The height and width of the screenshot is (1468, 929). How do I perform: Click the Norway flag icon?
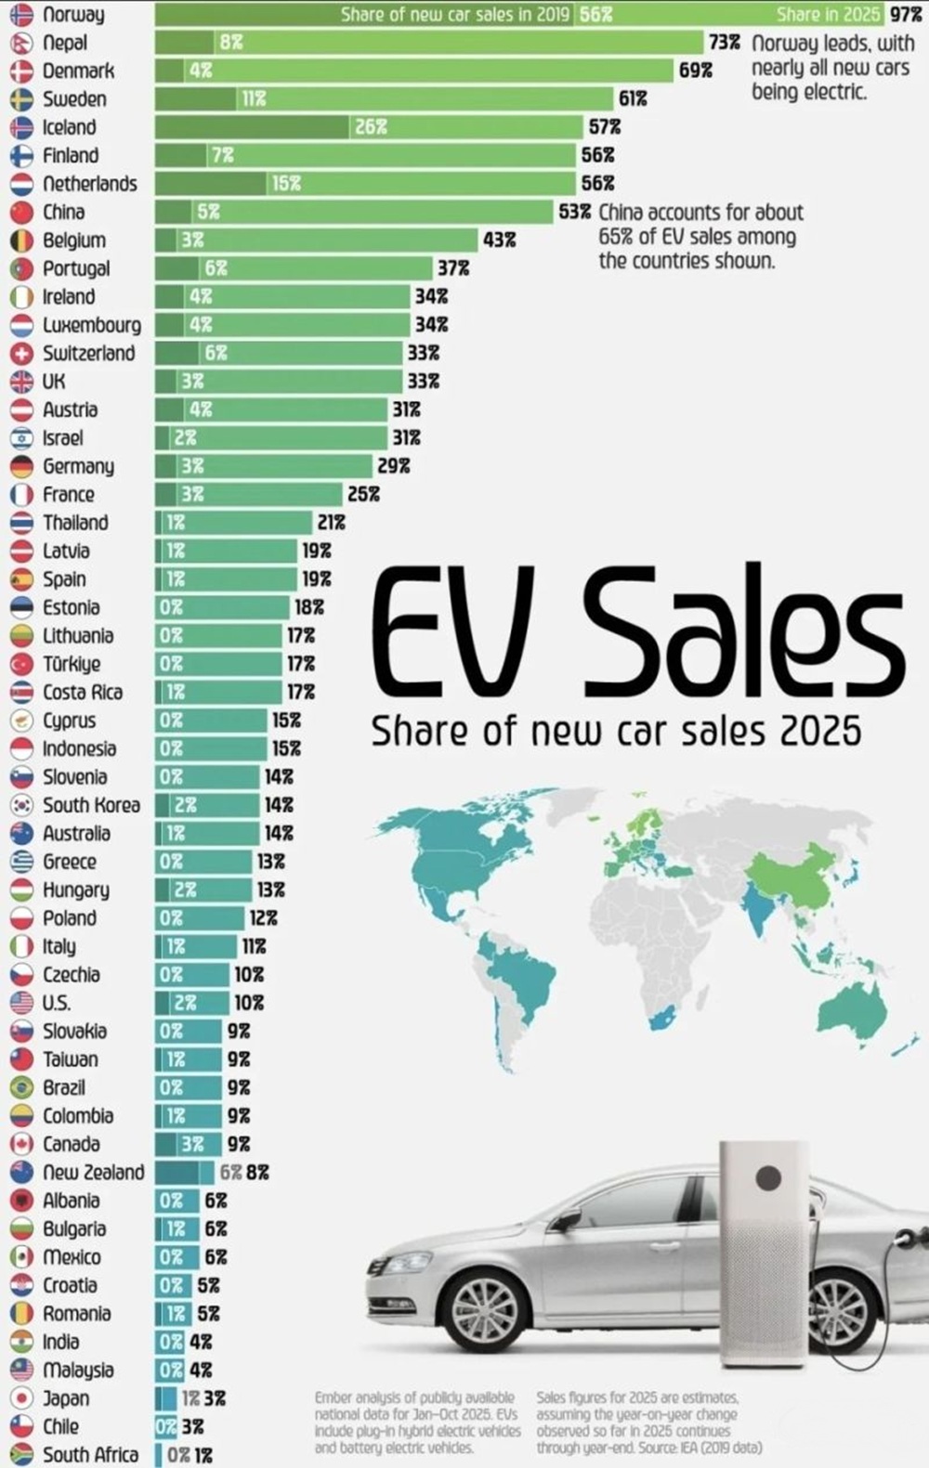tap(21, 15)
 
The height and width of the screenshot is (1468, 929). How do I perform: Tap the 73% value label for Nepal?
tap(725, 44)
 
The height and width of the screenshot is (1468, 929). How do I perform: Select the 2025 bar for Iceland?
tap(369, 127)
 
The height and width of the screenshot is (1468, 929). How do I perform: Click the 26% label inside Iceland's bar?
tap(371, 127)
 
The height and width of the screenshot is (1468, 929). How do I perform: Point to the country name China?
tap(63, 213)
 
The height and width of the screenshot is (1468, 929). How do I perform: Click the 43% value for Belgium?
tap(500, 240)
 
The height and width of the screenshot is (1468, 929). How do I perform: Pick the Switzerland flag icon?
tap(21, 353)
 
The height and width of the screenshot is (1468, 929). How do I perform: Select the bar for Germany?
tap(264, 466)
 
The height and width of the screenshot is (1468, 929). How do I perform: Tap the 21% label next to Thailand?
tap(332, 523)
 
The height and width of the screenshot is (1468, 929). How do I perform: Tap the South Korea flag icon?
tap(21, 805)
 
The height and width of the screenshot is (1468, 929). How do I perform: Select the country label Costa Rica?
tap(83, 692)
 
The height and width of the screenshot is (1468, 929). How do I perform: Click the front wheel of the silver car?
tap(485, 1294)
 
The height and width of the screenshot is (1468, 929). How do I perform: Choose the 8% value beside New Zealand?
tap(257, 1172)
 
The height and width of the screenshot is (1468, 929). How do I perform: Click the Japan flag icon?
tap(21, 1398)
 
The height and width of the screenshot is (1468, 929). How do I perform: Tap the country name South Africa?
tap(90, 1455)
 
